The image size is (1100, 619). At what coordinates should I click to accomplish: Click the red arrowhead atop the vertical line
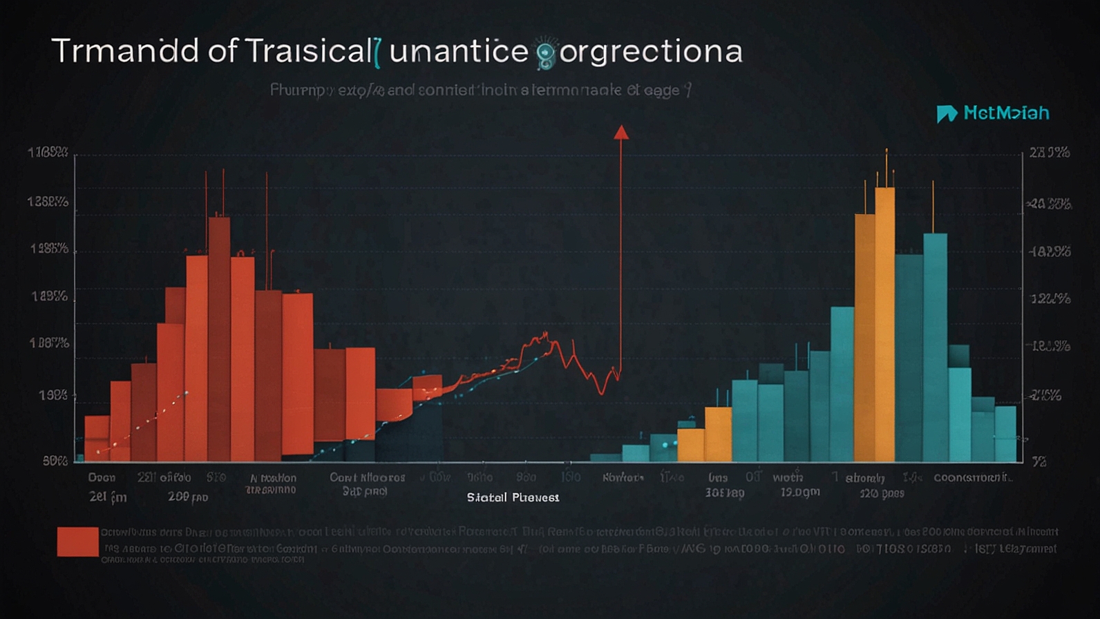click(621, 133)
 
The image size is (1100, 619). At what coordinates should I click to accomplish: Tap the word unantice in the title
click(459, 52)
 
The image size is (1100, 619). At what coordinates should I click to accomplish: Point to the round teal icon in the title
click(546, 53)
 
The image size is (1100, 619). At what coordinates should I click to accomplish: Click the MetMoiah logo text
click(1006, 113)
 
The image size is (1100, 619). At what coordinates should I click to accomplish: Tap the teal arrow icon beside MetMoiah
click(946, 113)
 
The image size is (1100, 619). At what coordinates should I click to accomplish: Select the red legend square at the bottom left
click(77, 541)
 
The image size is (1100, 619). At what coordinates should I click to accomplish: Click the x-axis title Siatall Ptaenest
click(513, 497)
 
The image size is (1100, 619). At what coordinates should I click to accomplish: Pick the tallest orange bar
click(885, 325)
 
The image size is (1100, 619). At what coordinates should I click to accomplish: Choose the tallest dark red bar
click(219, 339)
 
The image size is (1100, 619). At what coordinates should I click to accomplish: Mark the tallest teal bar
click(935, 345)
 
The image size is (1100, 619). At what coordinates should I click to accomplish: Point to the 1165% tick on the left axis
click(48, 153)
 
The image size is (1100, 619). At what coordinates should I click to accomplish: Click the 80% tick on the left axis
click(55, 460)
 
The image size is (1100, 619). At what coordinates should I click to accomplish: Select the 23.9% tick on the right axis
click(1050, 153)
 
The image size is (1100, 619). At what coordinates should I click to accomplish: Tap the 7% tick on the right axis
click(1039, 461)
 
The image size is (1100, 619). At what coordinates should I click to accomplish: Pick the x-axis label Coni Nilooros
click(367, 477)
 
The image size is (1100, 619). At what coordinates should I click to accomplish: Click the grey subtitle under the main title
click(480, 91)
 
